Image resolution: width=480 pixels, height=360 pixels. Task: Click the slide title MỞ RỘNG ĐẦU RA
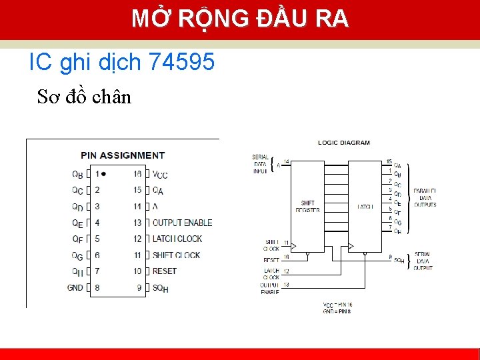[x=240, y=19]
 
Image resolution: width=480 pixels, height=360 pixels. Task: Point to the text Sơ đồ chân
[x=84, y=97]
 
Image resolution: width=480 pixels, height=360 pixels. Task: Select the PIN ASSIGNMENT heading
[x=123, y=155]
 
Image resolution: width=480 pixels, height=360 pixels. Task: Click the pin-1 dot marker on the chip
[x=104, y=173]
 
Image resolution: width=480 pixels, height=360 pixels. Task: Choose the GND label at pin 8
[x=75, y=287]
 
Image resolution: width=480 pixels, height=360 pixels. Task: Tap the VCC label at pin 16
[x=160, y=175]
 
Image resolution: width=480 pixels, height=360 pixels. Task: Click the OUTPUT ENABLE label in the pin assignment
[x=182, y=223]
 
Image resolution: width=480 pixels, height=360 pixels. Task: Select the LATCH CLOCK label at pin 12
[x=177, y=239]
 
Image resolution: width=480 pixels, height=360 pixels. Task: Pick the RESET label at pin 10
[x=164, y=271]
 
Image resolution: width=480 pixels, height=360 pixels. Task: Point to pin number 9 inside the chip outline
[x=139, y=287]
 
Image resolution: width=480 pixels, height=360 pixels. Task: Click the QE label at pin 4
[x=77, y=223]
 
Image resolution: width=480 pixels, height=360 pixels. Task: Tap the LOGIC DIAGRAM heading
[x=344, y=143]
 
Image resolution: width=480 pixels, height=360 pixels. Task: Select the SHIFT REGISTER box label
[x=307, y=207]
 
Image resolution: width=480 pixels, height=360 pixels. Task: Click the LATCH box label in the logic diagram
[x=365, y=207]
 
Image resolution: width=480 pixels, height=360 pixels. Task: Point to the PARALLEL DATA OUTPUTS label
[x=425, y=197]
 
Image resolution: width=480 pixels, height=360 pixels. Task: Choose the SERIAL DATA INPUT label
[x=260, y=164]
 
